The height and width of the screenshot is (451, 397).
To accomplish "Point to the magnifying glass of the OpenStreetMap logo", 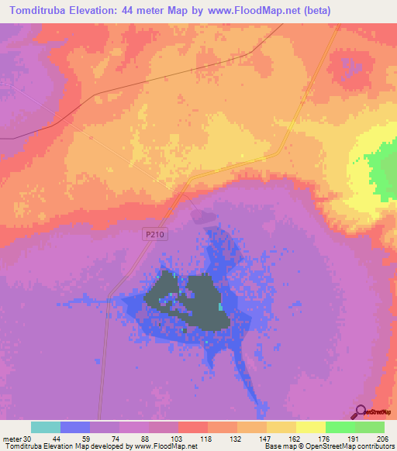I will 359,411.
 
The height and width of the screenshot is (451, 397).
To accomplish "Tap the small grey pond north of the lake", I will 201,216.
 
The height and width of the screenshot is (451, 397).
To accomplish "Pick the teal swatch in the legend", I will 46,427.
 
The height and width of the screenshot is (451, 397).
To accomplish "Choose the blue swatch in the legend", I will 75,427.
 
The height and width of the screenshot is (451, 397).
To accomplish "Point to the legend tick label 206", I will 379,439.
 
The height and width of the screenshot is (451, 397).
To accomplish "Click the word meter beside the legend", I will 13,439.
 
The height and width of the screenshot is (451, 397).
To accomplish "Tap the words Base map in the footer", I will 278,447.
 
